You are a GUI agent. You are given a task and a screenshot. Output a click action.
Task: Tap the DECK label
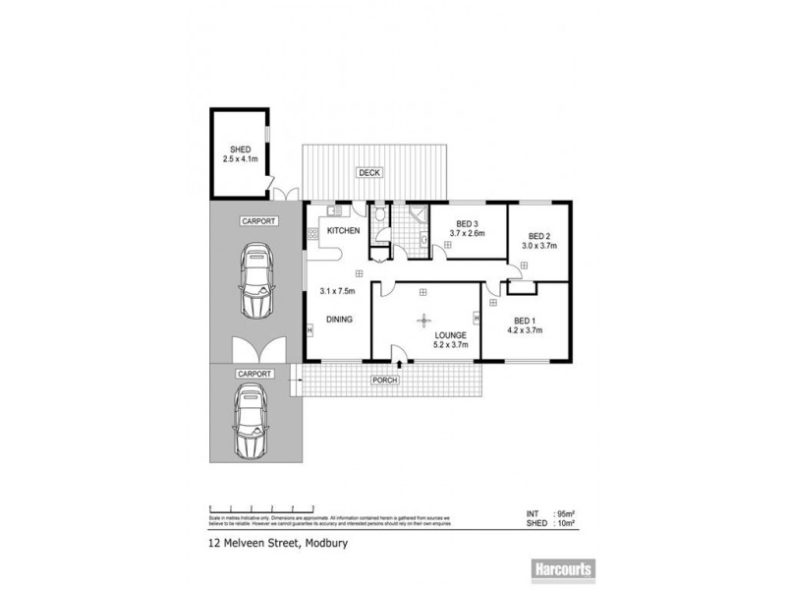(367, 173)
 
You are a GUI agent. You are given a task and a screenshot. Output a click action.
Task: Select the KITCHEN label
(341, 230)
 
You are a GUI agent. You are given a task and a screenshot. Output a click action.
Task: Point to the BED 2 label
(537, 236)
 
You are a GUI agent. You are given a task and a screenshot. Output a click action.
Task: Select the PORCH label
(383, 380)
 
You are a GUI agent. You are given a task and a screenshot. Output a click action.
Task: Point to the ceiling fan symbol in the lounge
(424, 319)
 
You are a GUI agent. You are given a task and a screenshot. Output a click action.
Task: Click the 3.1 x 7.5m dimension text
(337, 291)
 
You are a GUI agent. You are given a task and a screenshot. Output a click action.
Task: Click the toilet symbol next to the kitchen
(380, 215)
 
